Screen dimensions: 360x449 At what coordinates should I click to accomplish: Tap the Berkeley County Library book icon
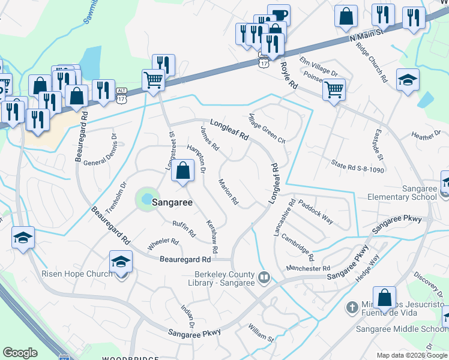(x=264, y=277)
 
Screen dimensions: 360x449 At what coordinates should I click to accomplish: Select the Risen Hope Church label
(x=76, y=274)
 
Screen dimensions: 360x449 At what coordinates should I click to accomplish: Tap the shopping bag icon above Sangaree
(x=182, y=171)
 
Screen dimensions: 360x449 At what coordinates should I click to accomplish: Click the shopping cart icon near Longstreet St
(x=153, y=79)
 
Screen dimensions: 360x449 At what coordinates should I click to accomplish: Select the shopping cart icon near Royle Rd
(x=334, y=90)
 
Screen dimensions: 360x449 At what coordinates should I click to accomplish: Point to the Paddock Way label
(x=315, y=211)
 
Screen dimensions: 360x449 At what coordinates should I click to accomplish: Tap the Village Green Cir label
(x=267, y=129)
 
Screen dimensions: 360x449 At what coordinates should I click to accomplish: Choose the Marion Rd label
(x=229, y=193)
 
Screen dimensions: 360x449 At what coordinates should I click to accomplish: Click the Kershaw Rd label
(x=212, y=235)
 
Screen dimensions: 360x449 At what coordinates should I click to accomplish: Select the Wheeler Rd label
(x=163, y=244)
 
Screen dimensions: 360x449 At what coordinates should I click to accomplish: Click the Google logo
(x=20, y=353)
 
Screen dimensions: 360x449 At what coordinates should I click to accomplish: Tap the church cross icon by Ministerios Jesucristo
(x=352, y=308)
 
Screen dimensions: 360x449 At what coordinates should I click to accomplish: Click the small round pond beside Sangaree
(x=145, y=199)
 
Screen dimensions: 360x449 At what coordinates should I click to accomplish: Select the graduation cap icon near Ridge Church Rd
(x=408, y=80)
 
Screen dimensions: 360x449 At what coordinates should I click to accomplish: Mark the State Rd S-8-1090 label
(x=357, y=166)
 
